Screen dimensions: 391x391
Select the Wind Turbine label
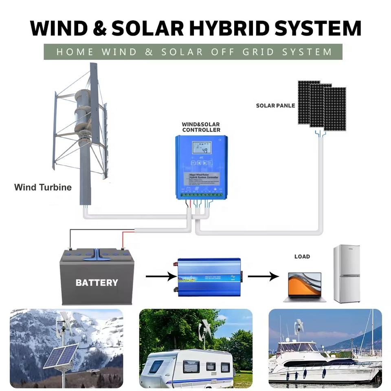pos(43,187)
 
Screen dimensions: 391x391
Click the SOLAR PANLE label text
pos(275,105)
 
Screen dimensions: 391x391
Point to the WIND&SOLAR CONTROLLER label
pos(201,127)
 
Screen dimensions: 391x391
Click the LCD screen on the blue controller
pos(202,147)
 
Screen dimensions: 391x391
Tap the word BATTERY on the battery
pos(97,282)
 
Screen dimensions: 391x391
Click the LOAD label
pos(302,257)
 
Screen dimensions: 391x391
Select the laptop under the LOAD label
pos(305,287)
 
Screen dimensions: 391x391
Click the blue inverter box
pos(209,277)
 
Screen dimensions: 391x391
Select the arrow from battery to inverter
pos(160,277)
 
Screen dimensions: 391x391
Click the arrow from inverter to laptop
pos(263,277)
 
